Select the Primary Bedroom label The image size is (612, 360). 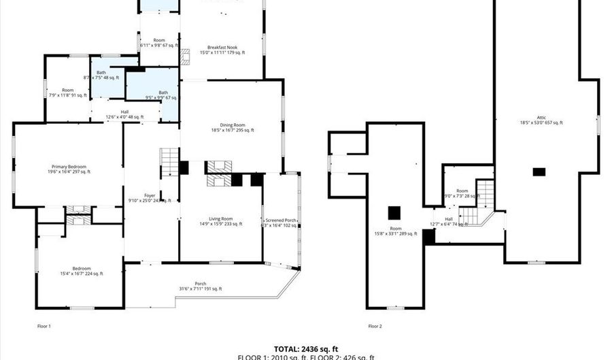(69, 169)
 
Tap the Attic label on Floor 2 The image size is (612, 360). (541, 120)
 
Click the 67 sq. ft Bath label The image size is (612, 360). (163, 95)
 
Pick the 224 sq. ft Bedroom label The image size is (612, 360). (79, 271)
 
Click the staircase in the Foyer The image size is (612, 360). (169, 163)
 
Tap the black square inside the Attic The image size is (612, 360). (539, 172)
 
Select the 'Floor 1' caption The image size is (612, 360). (44, 326)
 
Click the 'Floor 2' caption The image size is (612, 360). (375, 326)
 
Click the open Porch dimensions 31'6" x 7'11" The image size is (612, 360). (200, 289)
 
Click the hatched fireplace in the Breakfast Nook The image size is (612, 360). (183, 57)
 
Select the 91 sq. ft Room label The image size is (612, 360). (68, 93)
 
